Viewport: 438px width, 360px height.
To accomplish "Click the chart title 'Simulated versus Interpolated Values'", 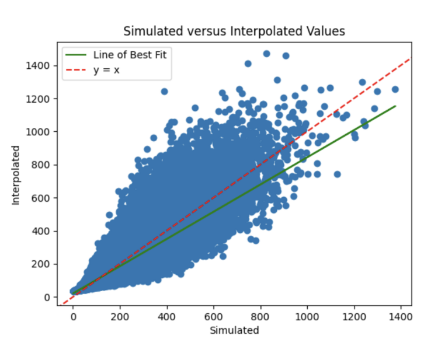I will point(234,31).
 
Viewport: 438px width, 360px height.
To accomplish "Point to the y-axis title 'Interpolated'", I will point(16,174).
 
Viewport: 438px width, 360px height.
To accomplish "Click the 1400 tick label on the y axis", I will point(39,65).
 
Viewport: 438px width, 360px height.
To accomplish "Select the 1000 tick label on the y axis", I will point(39,132).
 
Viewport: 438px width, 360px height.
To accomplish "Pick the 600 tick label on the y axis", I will point(41,198).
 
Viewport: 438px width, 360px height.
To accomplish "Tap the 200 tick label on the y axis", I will point(41,264).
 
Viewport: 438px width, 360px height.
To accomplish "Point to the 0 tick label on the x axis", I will point(73,316).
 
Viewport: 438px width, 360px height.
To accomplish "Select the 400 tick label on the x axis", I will point(166,316).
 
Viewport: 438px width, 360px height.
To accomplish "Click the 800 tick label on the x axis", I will point(260,316).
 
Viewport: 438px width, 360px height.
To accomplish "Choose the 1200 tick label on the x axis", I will point(353,316).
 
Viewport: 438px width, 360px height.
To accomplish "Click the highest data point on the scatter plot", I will point(266,54).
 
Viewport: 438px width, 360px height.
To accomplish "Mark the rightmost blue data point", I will point(395,89).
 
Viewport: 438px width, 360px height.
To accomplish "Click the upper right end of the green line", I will point(395,106).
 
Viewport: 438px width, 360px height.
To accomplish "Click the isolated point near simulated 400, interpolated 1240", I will point(164,92).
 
